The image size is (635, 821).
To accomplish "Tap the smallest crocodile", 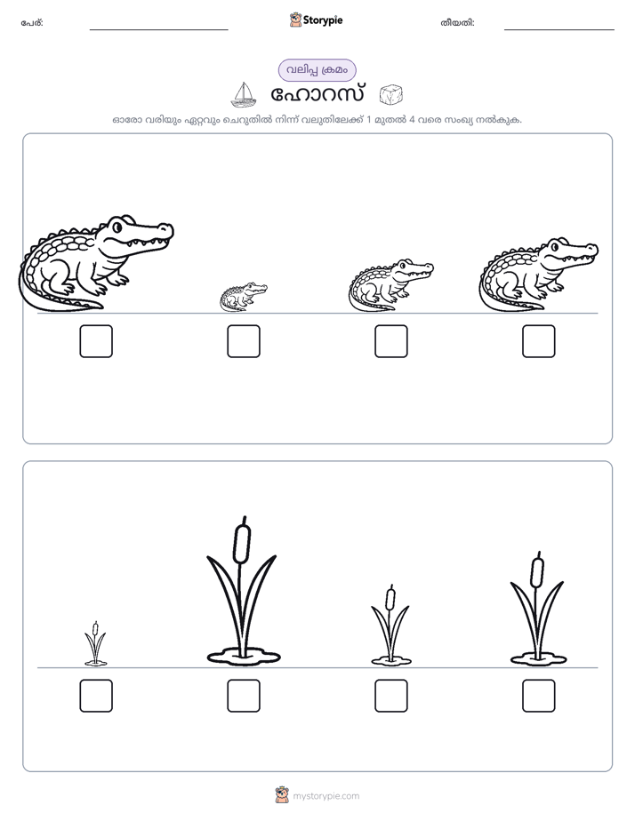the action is tap(243, 297).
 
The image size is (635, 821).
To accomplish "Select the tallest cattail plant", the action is tap(243, 592).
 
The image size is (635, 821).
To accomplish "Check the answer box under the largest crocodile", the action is tap(96, 341).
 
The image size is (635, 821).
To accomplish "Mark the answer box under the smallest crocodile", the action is tap(244, 341).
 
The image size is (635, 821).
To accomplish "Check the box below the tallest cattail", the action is tap(244, 696).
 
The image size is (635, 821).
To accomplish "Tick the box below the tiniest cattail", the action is tap(96, 696).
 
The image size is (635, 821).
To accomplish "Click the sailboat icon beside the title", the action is tap(244, 95).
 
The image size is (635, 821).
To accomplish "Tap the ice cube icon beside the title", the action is tap(390, 95).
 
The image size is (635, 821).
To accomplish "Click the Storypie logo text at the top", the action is tap(323, 20).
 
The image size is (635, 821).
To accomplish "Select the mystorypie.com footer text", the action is tap(326, 796).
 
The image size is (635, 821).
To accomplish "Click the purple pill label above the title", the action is tap(317, 70).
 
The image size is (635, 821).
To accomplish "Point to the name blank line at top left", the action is tap(158, 30).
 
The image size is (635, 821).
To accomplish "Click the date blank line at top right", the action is tap(559, 30).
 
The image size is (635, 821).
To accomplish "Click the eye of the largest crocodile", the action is tap(117, 227).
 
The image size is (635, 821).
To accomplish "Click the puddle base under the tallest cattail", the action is tap(244, 656).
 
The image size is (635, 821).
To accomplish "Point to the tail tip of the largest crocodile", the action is tap(100, 306).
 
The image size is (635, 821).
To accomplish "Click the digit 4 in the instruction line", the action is tap(412, 119).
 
